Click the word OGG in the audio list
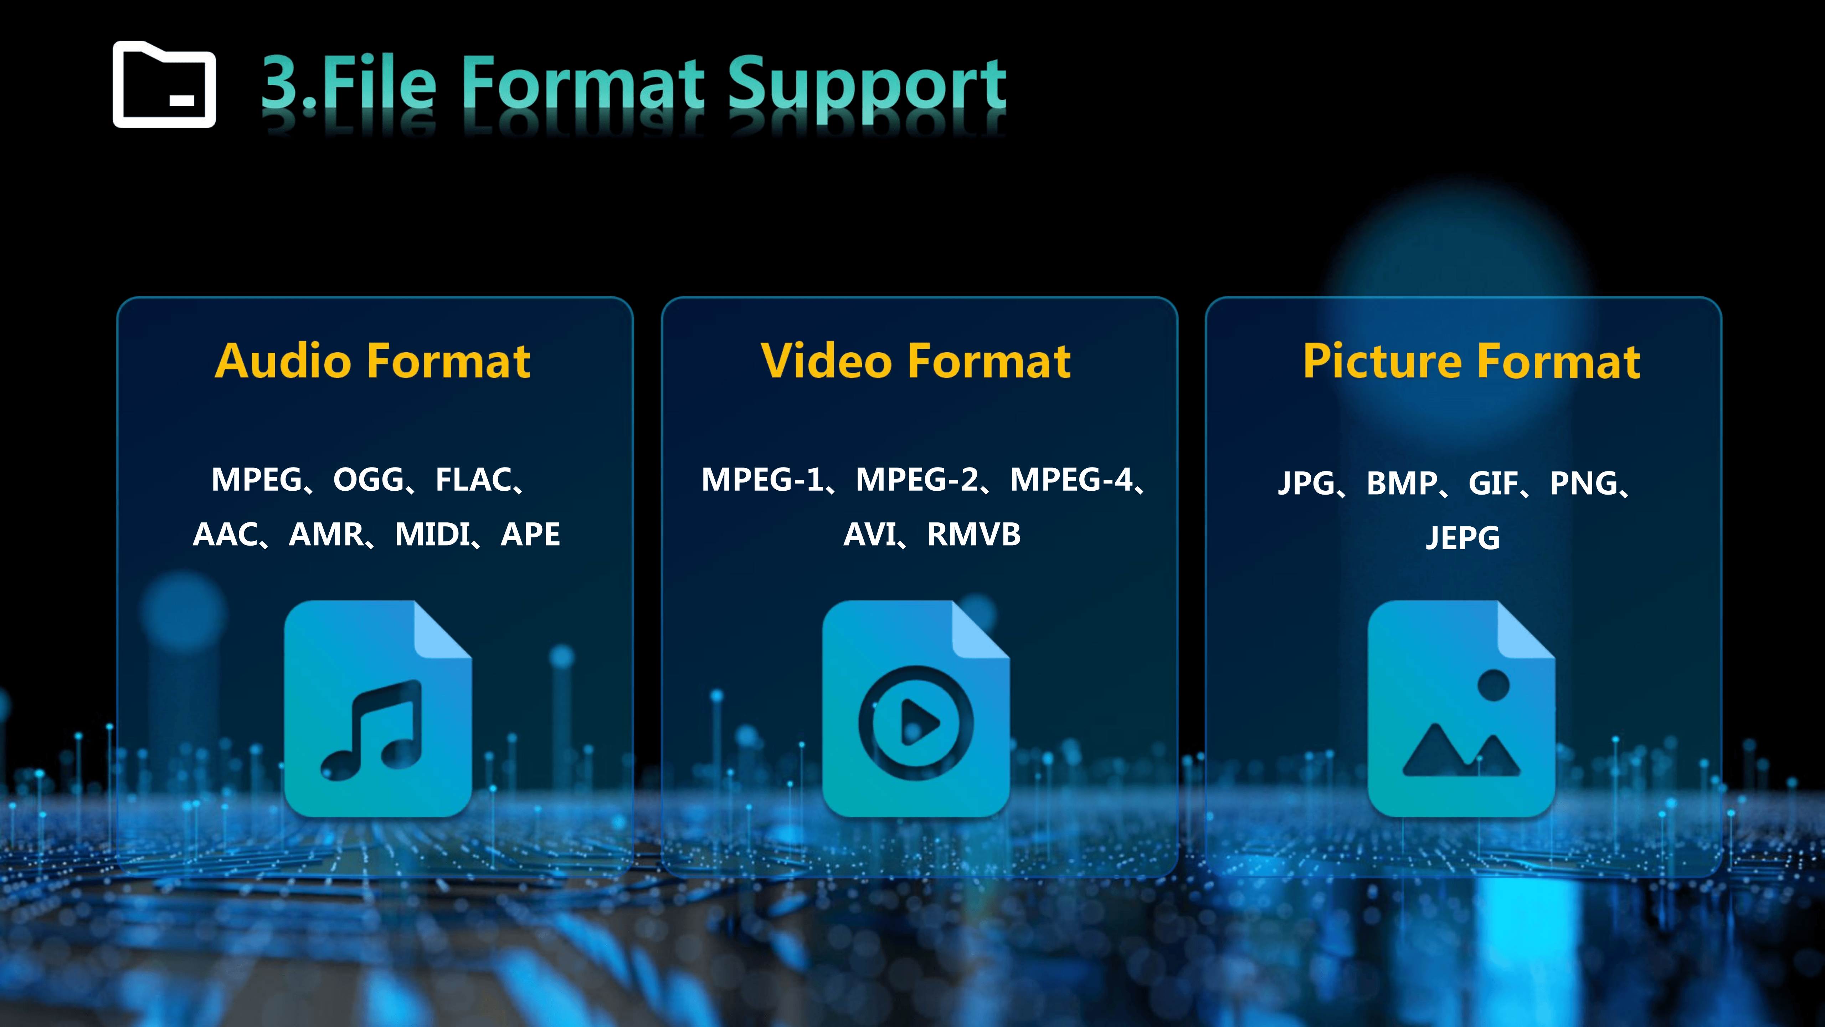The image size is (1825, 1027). (x=369, y=480)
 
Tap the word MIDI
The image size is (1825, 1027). (x=432, y=535)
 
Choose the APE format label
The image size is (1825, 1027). (x=530, y=535)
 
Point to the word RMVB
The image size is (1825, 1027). (x=974, y=535)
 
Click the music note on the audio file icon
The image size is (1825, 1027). (x=371, y=730)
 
